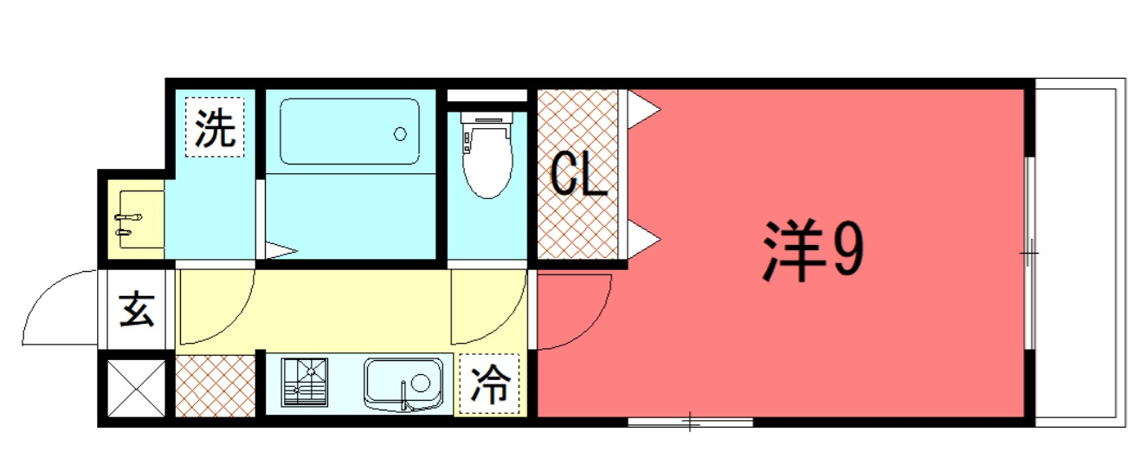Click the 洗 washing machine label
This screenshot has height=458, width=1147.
215,128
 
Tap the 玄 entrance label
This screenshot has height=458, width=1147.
137,309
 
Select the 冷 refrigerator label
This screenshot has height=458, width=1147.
490,384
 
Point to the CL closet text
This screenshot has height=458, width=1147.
578,174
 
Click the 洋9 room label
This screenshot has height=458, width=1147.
813,251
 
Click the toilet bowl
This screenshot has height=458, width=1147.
487,155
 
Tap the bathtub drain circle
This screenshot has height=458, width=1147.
401,134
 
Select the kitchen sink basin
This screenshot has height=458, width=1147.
403,384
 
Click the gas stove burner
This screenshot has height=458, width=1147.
304,382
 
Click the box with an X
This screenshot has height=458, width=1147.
137,389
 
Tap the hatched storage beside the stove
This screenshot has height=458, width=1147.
216,386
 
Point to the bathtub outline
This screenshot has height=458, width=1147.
350,132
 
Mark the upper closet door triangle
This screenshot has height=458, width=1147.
643,109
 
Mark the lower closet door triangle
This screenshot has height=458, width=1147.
643,239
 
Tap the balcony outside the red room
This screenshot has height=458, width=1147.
1080,253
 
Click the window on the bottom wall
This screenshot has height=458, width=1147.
690,423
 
